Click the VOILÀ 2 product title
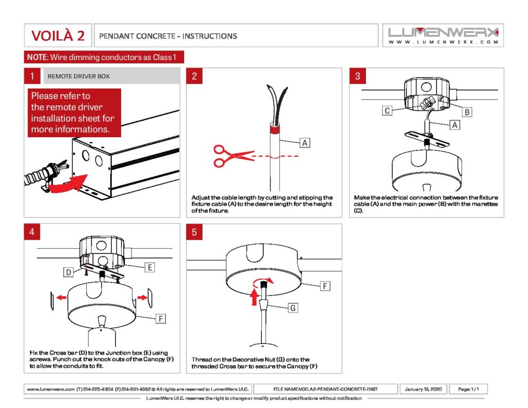[58, 36]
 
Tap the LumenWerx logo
[443, 36]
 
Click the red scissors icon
[234, 156]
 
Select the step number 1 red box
[32, 76]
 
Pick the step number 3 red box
[358, 76]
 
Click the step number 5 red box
[194, 232]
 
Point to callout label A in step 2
[305, 143]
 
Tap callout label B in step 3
[467, 112]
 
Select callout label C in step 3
[387, 110]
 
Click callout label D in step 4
[69, 272]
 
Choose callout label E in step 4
[150, 268]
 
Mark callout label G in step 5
[293, 308]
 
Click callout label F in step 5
[325, 286]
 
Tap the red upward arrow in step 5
[254, 296]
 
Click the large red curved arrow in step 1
[68, 185]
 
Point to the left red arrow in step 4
[61, 297]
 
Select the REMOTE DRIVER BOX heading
[79, 76]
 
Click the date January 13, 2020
[423, 389]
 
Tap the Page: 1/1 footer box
[468, 389]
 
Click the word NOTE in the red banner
[37, 57]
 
